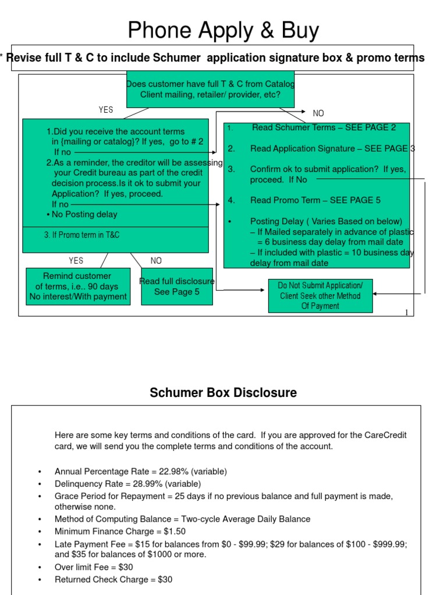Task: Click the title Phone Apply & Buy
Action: (x=223, y=30)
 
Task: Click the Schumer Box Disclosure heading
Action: (x=223, y=393)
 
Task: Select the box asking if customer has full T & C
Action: (x=211, y=89)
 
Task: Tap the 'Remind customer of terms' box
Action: (x=77, y=286)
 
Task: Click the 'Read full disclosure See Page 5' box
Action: (x=177, y=286)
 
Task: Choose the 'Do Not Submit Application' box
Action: (x=320, y=296)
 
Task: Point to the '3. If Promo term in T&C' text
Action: (x=81, y=235)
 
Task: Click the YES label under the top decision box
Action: (x=106, y=110)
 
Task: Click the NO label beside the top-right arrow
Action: (x=318, y=113)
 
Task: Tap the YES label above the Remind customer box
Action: (x=76, y=261)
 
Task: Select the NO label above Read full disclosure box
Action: (x=156, y=261)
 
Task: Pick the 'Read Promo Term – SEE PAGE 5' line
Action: (x=315, y=200)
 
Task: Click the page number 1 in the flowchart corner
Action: (x=406, y=313)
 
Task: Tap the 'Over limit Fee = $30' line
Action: (x=94, y=567)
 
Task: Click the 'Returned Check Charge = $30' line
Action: (x=113, y=579)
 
